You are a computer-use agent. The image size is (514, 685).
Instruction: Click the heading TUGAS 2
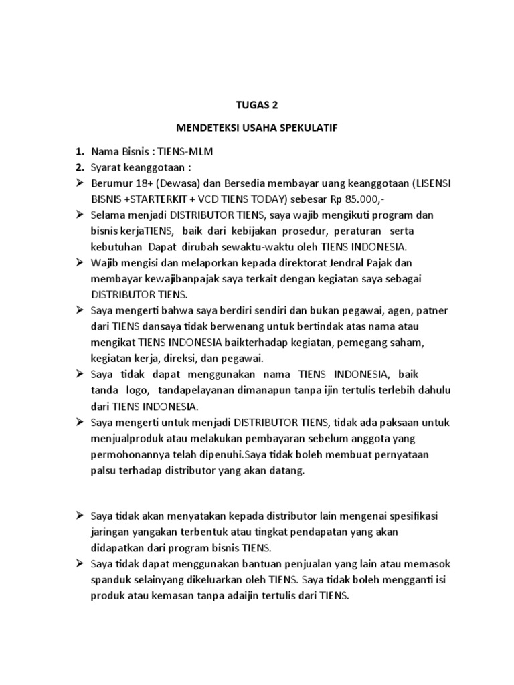(258, 104)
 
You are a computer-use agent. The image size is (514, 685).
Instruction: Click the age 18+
(142, 183)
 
